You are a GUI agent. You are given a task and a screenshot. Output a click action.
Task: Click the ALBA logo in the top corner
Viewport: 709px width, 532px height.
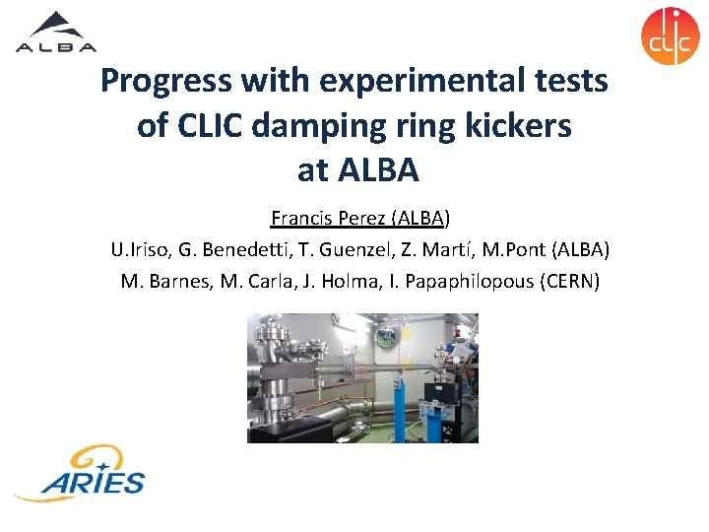[56, 32]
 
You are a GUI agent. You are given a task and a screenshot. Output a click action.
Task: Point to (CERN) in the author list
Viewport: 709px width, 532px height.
[569, 282]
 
